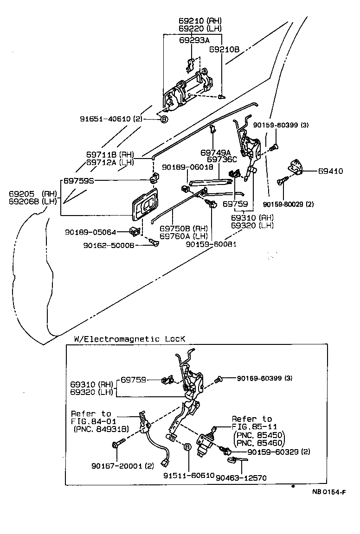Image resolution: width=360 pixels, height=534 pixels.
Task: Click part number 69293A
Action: [x=194, y=40]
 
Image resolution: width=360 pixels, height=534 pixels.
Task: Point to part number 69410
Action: [x=330, y=171]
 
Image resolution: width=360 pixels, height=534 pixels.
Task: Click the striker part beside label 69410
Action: [x=296, y=167]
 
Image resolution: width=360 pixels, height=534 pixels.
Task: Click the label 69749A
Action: [x=216, y=152]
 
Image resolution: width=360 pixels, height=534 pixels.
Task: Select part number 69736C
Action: [x=222, y=159]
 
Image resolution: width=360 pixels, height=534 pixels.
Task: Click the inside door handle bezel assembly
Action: [x=146, y=204]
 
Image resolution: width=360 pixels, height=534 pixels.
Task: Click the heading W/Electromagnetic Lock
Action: [x=129, y=339]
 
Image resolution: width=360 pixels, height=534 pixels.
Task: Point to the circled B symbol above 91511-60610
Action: [x=188, y=447]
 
